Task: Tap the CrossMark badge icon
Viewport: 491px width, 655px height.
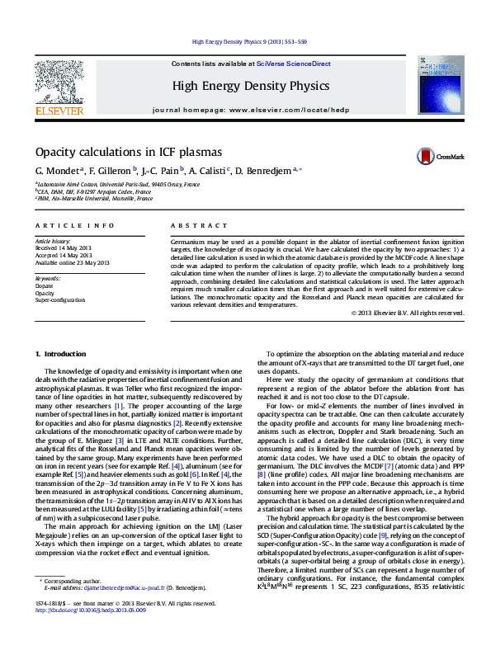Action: click(x=425, y=156)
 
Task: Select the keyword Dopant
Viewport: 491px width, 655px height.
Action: click(x=45, y=285)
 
